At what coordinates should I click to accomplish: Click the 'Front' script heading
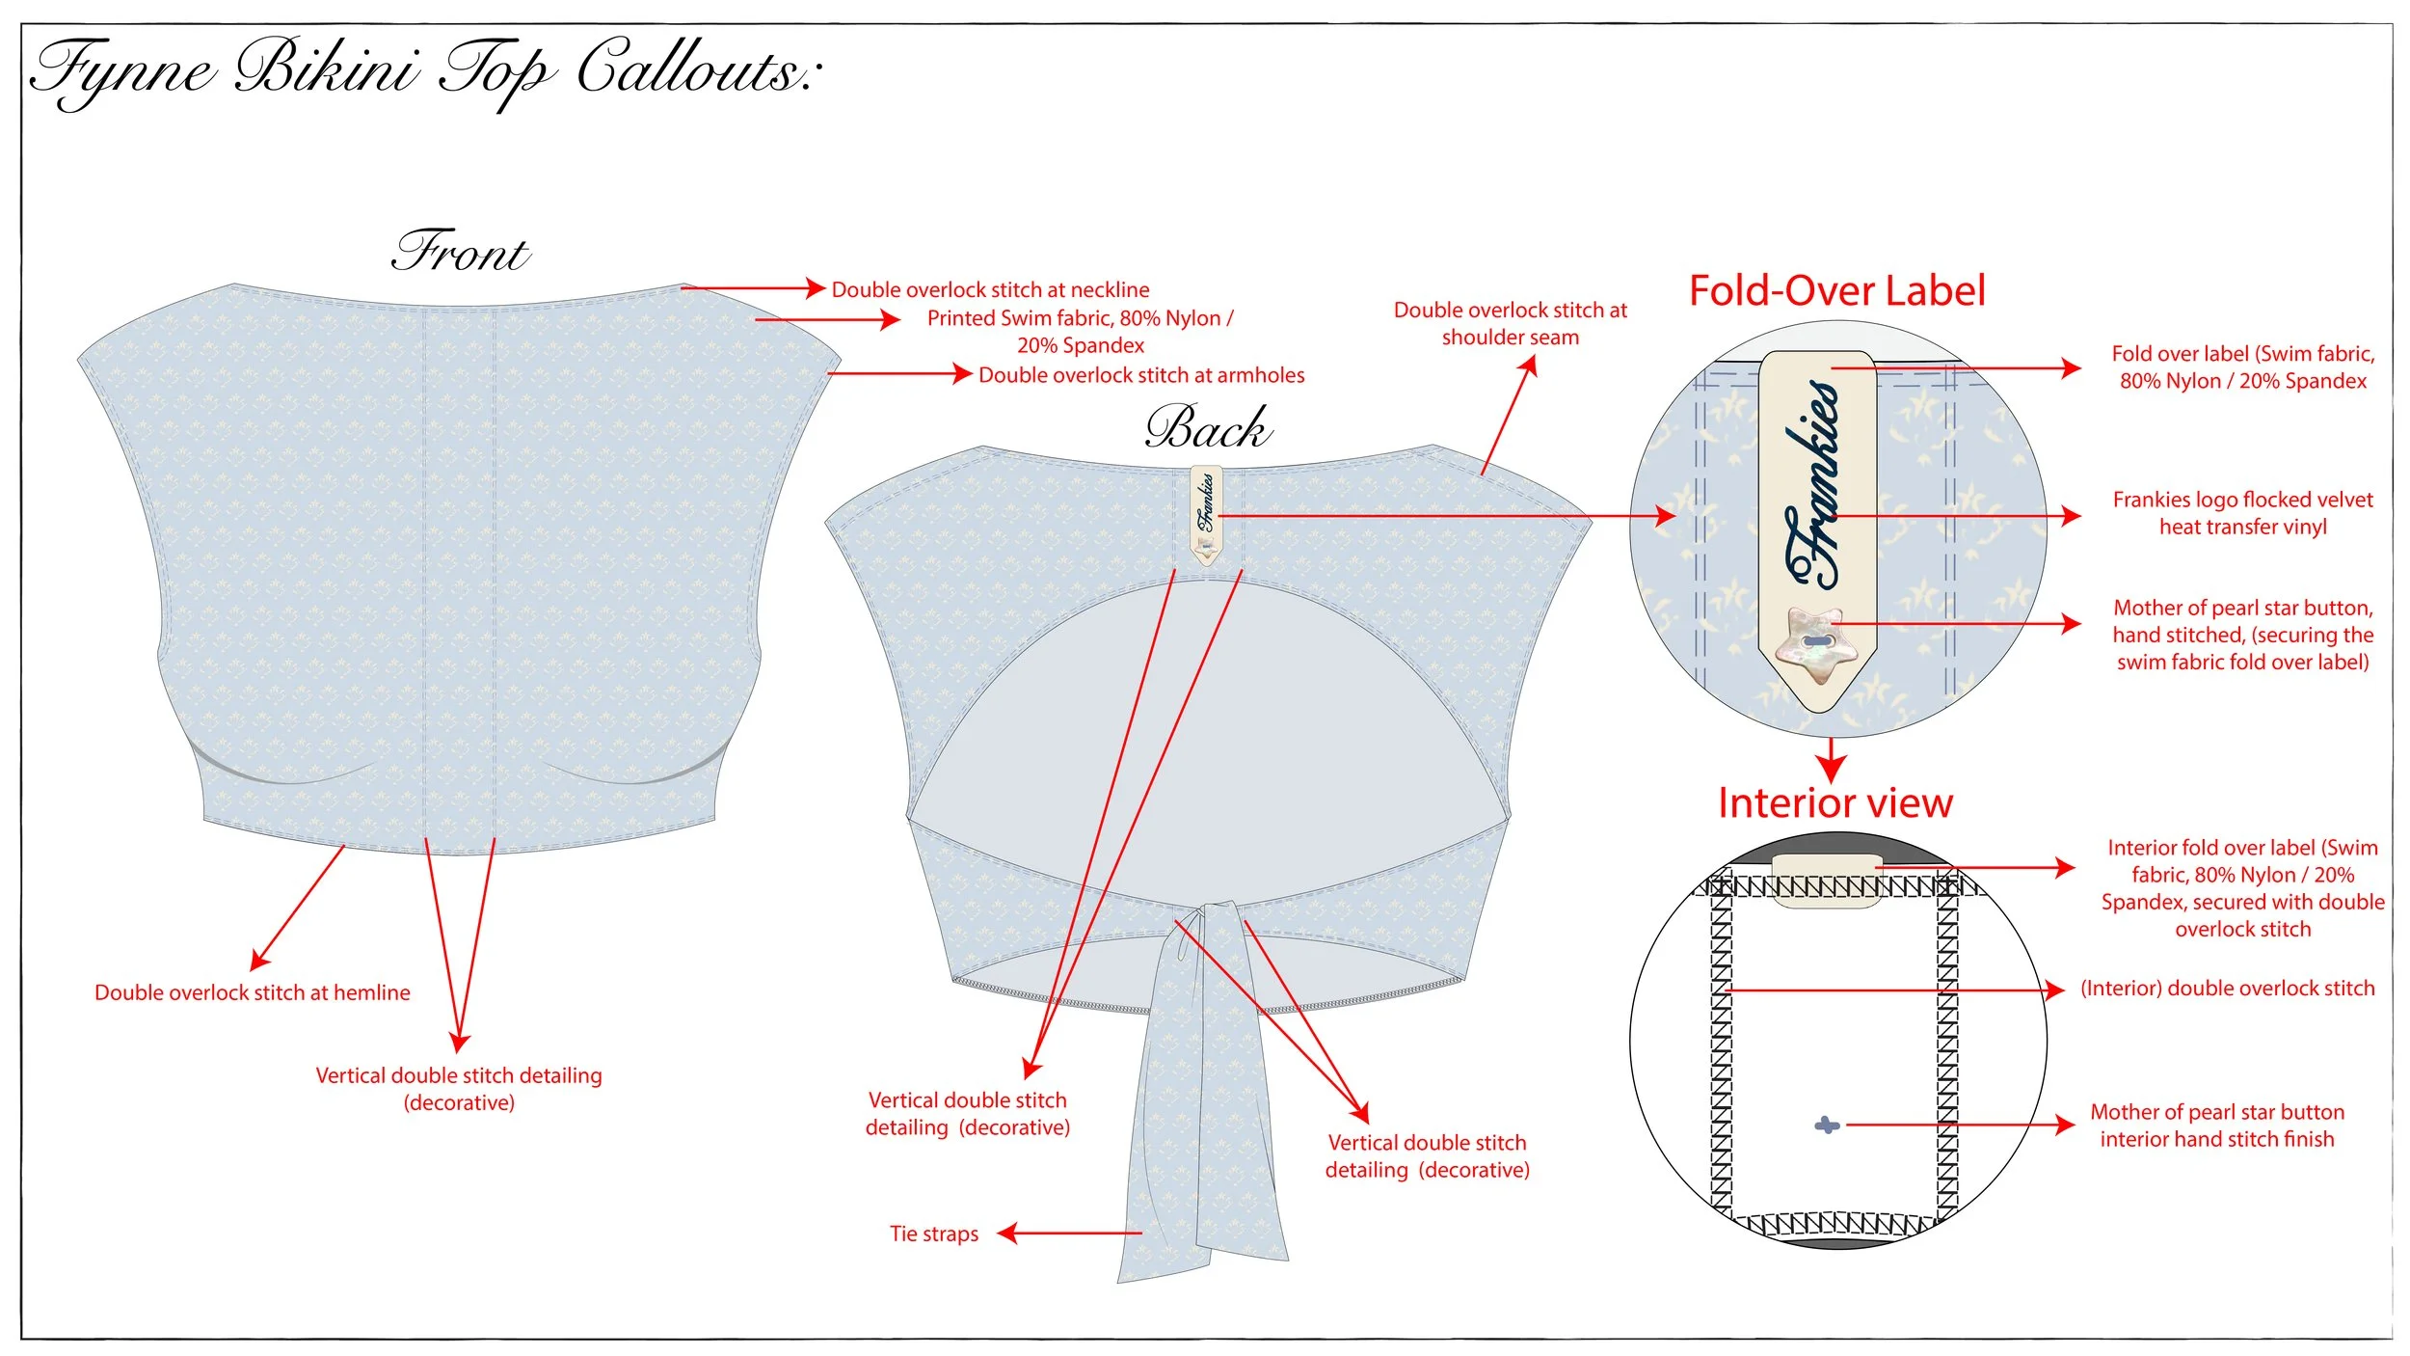[x=461, y=253]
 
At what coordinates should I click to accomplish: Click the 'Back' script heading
[x=1208, y=428]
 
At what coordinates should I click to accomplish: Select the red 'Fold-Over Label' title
[x=1836, y=290]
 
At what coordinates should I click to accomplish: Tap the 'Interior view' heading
[x=1834, y=802]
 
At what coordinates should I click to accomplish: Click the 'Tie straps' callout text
[x=933, y=1234]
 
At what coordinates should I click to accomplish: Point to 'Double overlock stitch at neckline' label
[x=990, y=289]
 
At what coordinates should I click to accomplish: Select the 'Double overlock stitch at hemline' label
[x=252, y=992]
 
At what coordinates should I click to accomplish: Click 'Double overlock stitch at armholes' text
[x=1141, y=375]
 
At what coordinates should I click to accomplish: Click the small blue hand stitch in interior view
[x=1826, y=1125]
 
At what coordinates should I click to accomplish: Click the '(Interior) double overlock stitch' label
[x=2227, y=989]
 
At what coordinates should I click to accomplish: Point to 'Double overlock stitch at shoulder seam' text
[x=1510, y=323]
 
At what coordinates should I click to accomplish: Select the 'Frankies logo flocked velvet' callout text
[x=2242, y=513]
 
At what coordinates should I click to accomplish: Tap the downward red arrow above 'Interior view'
[x=1831, y=763]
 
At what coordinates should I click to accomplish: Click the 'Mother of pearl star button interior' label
[x=2216, y=1125]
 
